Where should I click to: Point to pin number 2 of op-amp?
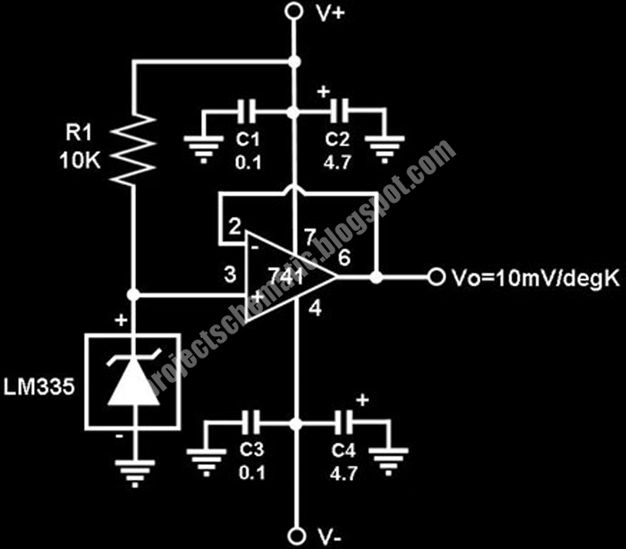pos(233,229)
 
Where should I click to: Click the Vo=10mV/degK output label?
pos(532,277)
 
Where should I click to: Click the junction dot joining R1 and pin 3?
pos(132,293)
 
